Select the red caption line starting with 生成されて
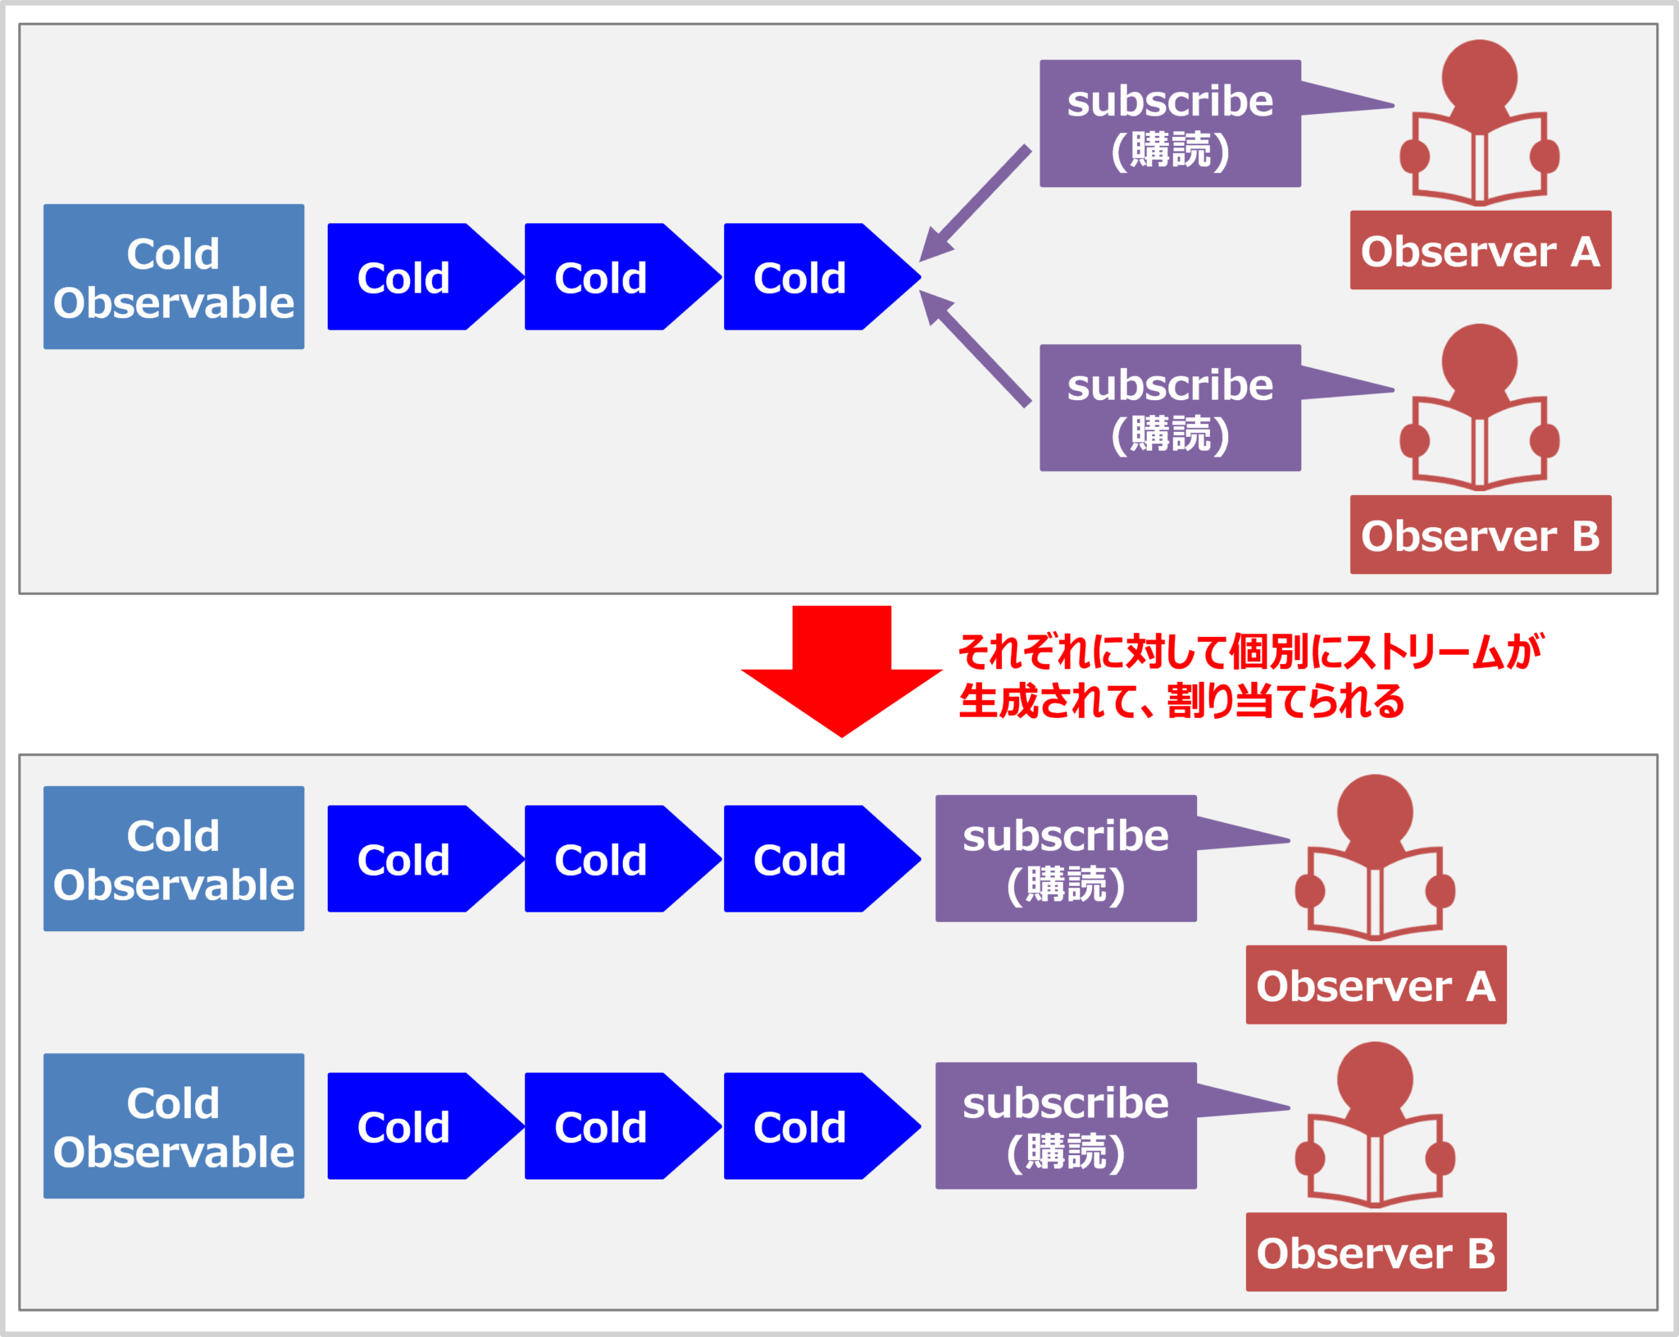coord(1181,702)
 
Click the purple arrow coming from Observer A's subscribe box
coord(976,202)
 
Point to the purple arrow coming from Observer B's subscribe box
coord(976,348)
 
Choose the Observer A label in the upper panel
coord(1480,251)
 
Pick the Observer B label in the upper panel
coord(1480,535)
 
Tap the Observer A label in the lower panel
coord(1376,985)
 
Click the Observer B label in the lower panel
coord(1376,1253)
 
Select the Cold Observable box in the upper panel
coord(174,277)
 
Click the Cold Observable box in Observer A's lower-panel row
coord(174,859)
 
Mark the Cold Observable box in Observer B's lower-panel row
coord(174,1126)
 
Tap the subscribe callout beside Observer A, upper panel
coord(1170,124)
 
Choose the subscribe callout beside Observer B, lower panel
coord(1066,1126)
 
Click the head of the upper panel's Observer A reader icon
coord(1479,75)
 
